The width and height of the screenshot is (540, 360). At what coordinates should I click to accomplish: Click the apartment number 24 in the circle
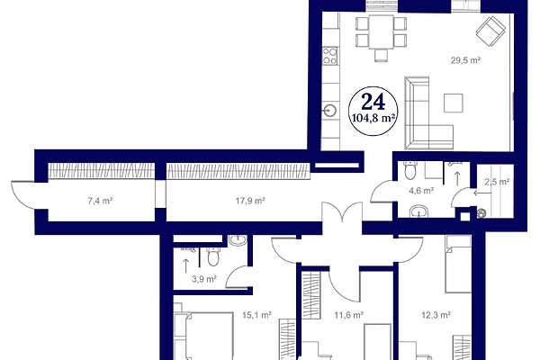pos(373,102)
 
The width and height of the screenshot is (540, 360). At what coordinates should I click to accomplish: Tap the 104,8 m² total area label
pos(373,118)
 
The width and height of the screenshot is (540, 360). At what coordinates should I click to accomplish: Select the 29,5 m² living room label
pos(465,60)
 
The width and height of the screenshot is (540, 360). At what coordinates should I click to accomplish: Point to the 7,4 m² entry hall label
pos(100,201)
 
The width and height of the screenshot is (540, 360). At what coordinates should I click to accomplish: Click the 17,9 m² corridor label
pos(250,201)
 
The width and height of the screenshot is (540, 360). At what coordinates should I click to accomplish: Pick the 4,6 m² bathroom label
pos(421,190)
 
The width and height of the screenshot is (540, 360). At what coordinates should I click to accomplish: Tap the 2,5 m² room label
pos(497,182)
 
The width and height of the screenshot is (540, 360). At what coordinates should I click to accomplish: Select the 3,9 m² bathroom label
pos(204,279)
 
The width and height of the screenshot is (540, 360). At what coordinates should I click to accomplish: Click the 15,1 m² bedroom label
pos(256,315)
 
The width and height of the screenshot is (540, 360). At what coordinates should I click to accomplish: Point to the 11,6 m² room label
pos(349,315)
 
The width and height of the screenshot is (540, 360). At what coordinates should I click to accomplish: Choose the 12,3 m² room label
pos(436,315)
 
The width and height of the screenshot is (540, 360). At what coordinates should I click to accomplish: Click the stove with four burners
pos(330,56)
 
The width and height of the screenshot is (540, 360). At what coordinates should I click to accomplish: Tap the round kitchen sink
pos(330,111)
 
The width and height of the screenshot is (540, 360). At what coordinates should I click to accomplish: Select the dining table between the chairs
pos(382,31)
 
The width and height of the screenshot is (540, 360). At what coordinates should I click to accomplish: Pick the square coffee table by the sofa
pos(454,103)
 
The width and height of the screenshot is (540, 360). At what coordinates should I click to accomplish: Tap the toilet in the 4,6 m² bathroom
pos(410,170)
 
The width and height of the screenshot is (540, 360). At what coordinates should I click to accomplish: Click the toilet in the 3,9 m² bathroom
pos(213,257)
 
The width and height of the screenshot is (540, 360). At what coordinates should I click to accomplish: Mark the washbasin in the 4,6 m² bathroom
pos(418,211)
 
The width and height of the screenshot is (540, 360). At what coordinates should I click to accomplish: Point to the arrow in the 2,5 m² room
pos(482,193)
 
